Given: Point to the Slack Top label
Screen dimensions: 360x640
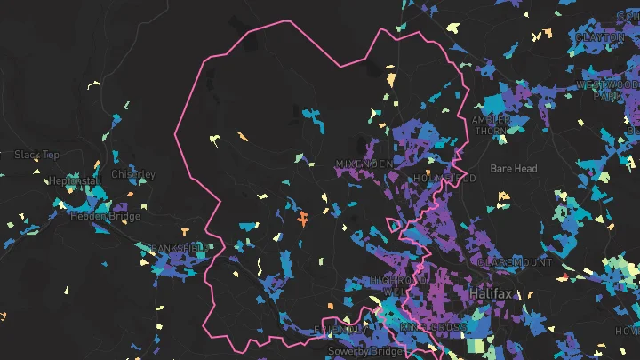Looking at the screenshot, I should (x=37, y=155).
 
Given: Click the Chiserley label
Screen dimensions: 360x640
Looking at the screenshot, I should (x=133, y=174).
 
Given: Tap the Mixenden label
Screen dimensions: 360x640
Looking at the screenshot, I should (x=364, y=164).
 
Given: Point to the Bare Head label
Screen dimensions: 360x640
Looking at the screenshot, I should (x=514, y=168).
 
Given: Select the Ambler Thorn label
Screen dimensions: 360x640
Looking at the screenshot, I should (x=491, y=124).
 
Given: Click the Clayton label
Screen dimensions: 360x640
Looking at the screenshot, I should (x=601, y=37).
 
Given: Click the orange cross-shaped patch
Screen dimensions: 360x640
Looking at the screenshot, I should (x=303, y=216).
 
